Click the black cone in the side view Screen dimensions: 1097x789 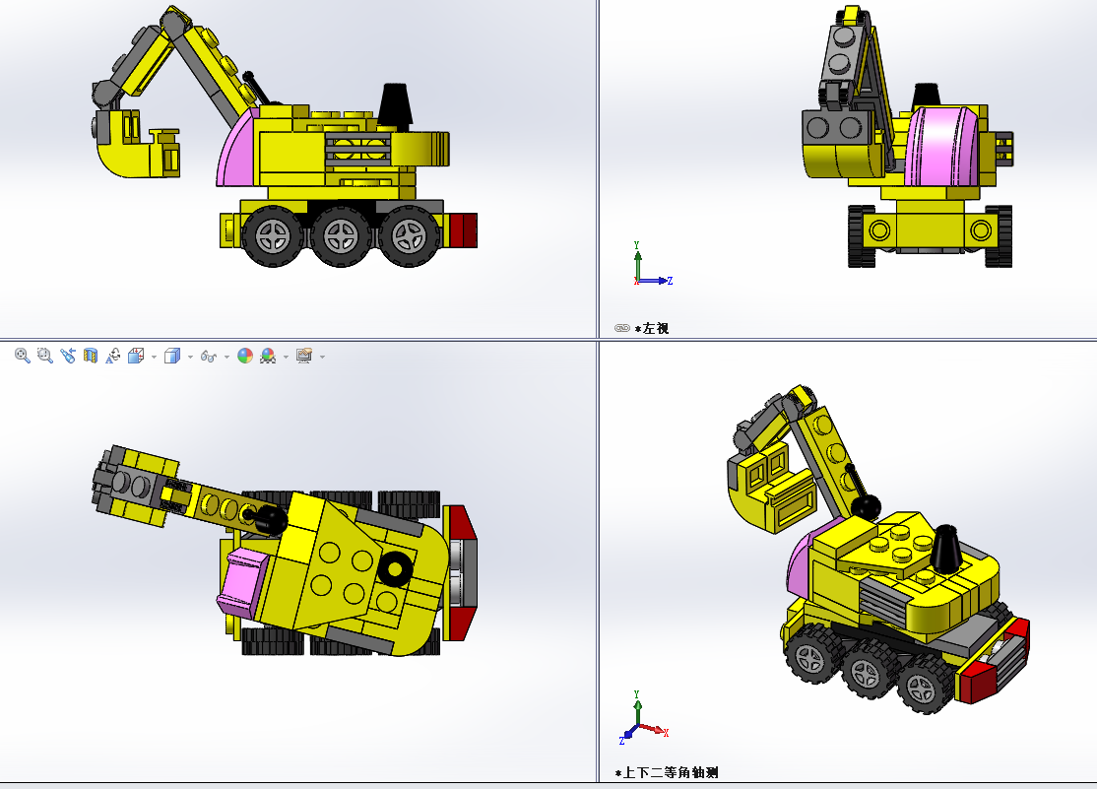tap(395, 106)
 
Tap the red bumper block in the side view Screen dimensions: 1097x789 tap(463, 230)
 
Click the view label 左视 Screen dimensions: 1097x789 tap(656, 328)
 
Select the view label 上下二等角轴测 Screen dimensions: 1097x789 tap(671, 773)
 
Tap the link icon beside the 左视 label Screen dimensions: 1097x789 tap(622, 328)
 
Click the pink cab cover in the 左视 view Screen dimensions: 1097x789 tap(942, 146)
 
